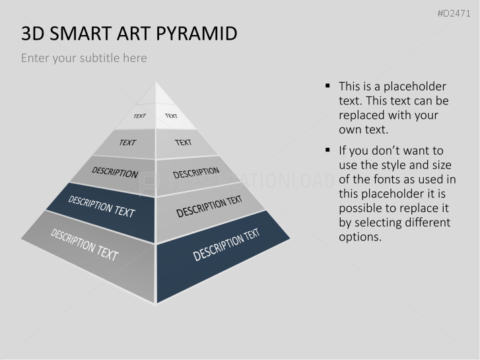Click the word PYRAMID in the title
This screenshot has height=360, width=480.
197,33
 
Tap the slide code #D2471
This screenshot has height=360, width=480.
454,13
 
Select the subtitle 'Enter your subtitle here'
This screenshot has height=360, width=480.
84,58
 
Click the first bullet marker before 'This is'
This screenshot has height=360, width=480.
327,86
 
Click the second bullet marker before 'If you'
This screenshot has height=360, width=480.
327,150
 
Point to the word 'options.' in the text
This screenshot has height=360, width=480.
360,237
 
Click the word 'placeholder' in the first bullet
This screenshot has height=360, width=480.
415,87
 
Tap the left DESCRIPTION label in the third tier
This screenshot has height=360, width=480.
115,172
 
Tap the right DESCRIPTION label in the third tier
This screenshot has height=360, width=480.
196,172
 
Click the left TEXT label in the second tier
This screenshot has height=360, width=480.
127,143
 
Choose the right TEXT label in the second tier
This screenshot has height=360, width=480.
183,143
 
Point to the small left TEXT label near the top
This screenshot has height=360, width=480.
139,116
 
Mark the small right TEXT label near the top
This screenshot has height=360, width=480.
171,116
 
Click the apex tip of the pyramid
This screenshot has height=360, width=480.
156,81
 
